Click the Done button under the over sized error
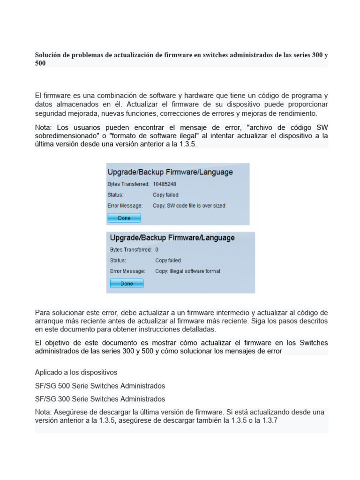(124, 218)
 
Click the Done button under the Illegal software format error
(127, 284)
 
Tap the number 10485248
(165, 184)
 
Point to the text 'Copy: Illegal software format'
(187, 271)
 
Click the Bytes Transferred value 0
(157, 250)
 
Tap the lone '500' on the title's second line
(40, 63)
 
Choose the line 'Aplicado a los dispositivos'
(76, 373)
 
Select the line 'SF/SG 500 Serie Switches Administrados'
(100, 386)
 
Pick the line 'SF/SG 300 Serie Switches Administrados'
(100, 399)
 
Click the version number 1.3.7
(270, 420)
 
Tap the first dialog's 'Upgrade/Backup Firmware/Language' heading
(170, 172)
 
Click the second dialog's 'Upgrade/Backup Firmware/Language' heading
(172, 238)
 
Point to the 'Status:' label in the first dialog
(115, 195)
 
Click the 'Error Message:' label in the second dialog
(127, 271)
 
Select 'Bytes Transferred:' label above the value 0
(131, 250)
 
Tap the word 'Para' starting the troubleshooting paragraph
(43, 313)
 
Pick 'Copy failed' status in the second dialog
(168, 260)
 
